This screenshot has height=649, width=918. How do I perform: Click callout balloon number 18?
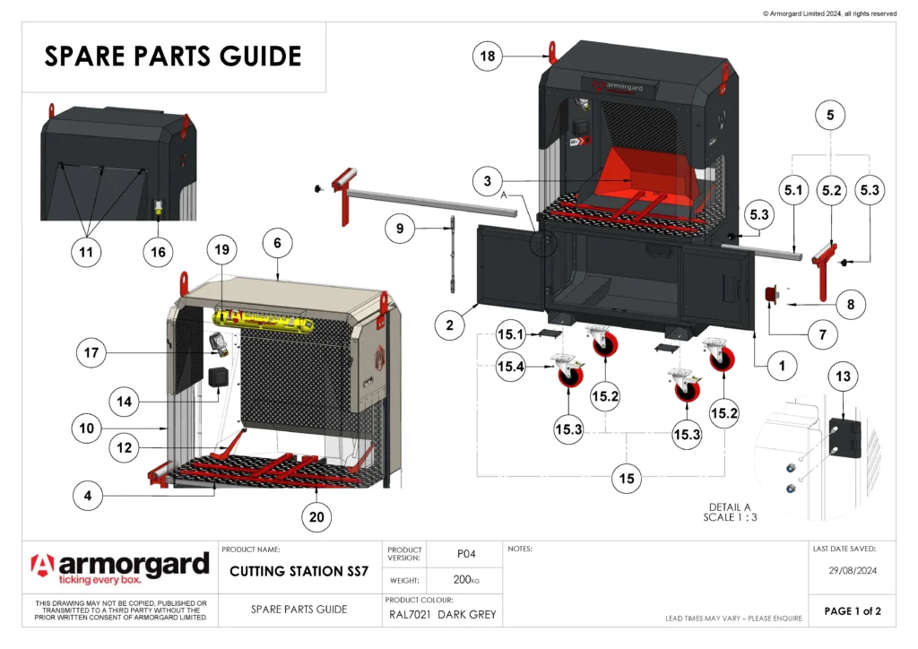pyautogui.click(x=488, y=56)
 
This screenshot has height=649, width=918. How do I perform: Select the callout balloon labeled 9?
pyautogui.click(x=401, y=229)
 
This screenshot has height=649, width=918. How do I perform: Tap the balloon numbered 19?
pyautogui.click(x=221, y=247)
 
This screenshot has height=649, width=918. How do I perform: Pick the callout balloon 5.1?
pyautogui.click(x=793, y=191)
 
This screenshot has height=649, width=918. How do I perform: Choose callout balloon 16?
pyautogui.click(x=158, y=253)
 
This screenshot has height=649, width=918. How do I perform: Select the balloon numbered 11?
pyautogui.click(x=87, y=253)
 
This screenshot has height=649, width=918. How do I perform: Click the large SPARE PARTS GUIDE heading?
pyautogui.click(x=173, y=56)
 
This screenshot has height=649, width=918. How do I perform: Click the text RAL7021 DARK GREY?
pyautogui.click(x=442, y=615)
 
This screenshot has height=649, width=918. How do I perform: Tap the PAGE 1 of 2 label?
pyautogui.click(x=853, y=611)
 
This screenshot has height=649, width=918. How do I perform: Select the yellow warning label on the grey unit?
pyautogui.click(x=261, y=318)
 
